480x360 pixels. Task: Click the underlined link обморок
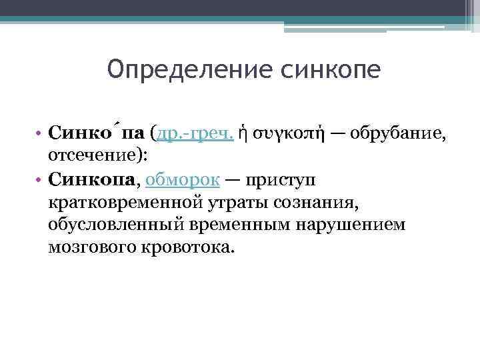pyautogui.click(x=177, y=179)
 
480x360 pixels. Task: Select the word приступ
pyautogui.click(x=281, y=179)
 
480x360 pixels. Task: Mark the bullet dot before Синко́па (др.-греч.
pyautogui.click(x=41, y=135)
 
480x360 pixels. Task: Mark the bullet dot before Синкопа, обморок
pyautogui.click(x=41, y=180)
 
